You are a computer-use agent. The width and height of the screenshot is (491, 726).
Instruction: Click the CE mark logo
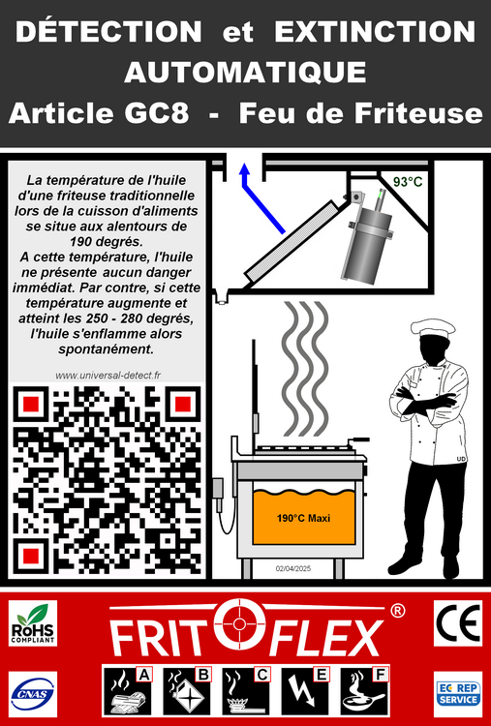pos(457,622)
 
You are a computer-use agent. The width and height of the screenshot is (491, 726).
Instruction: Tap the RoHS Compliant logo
pos(33,623)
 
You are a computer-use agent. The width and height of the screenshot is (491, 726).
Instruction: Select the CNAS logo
pos(33,694)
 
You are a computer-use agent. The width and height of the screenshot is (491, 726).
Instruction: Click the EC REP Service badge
pos(457,694)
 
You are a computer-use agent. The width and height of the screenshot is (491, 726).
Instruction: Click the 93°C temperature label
pos(408,182)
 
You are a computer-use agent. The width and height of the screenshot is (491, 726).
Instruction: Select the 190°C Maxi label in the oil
pos(303,518)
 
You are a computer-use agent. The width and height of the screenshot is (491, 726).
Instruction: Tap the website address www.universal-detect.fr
pos(107,376)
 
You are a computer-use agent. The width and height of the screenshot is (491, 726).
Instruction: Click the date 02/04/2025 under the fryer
pos(293,568)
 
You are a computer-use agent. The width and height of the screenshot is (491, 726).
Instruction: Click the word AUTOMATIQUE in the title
pos(245,73)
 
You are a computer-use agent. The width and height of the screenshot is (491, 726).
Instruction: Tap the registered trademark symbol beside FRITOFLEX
pos(397,611)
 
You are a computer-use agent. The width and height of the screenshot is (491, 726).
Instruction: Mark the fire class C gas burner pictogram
pos(246,691)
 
